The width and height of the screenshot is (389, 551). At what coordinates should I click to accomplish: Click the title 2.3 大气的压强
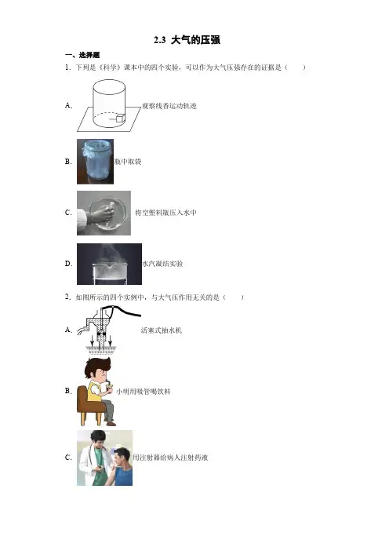tap(187, 40)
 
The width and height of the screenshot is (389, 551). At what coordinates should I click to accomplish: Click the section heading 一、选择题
tap(82, 55)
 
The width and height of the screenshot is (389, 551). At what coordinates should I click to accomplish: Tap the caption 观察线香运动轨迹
tap(169, 106)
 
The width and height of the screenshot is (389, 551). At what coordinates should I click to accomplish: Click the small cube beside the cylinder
tap(121, 118)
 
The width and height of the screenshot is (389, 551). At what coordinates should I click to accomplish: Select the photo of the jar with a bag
tap(95, 161)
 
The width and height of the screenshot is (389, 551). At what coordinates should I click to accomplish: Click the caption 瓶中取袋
tap(128, 162)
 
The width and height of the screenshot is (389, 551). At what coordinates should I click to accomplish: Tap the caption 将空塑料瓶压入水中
tap(165, 213)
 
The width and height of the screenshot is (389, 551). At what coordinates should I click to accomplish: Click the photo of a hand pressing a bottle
tap(104, 213)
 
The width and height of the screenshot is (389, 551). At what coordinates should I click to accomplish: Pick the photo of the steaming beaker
tap(109, 264)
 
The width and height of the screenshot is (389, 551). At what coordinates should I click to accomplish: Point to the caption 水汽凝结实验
tap(162, 264)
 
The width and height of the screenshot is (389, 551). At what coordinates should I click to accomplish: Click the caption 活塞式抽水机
tap(162, 330)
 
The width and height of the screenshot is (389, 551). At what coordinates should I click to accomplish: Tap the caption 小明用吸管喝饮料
tap(144, 392)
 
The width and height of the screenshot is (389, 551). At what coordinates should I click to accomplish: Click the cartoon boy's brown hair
tap(98, 367)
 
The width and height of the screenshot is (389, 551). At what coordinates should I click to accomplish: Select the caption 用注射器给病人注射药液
tap(170, 458)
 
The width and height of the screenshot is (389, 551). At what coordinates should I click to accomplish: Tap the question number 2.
tap(68, 297)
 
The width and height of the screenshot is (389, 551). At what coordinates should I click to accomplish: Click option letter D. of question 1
tap(68, 264)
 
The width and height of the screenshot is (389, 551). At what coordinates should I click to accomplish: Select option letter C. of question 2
tap(68, 458)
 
